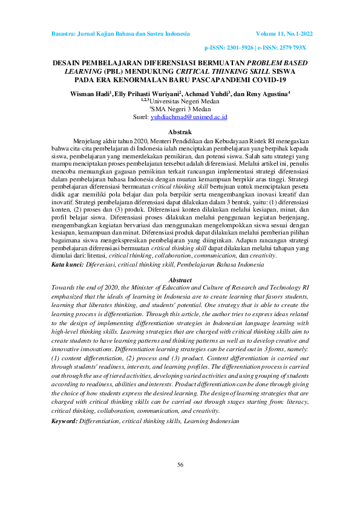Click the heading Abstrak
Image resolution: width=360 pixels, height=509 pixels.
(180, 131)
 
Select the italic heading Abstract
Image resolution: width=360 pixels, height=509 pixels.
(180, 280)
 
